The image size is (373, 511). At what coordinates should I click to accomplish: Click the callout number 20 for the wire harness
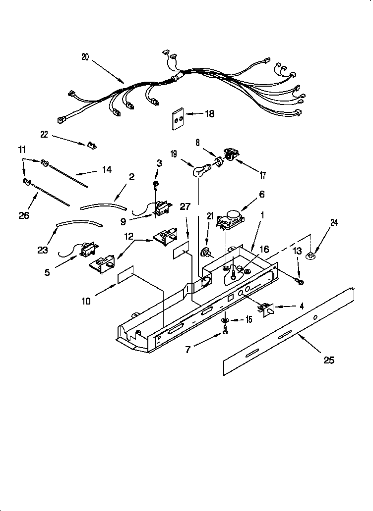click(85, 56)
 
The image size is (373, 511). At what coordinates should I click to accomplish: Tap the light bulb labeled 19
click(199, 171)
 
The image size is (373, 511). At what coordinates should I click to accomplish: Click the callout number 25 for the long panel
click(329, 360)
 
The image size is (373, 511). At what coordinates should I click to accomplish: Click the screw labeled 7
click(225, 331)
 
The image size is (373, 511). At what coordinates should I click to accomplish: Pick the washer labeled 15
click(225, 319)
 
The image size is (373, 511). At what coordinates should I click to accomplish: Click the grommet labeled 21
click(204, 254)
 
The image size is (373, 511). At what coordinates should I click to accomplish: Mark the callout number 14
click(107, 170)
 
